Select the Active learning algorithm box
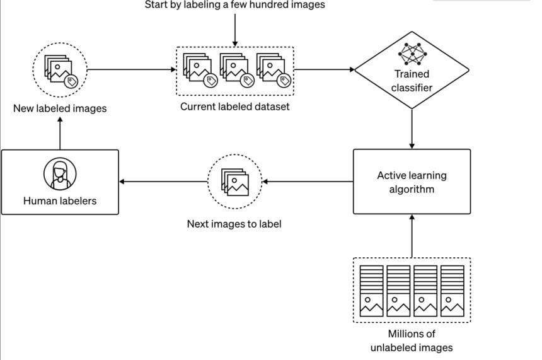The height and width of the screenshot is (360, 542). [412, 182]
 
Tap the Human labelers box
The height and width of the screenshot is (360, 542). [60, 182]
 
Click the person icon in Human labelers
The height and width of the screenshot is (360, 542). [60, 172]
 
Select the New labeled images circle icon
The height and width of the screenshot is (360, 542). [59, 69]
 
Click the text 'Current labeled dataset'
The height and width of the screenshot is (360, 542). [234, 107]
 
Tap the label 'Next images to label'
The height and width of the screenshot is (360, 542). [234, 223]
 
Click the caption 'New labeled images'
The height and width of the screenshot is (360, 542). [60, 108]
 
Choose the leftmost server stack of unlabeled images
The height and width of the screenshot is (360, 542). [372, 291]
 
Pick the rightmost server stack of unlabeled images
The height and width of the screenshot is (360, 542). [452, 291]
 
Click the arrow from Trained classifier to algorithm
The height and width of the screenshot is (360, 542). [412, 129]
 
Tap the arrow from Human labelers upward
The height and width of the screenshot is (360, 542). [60, 134]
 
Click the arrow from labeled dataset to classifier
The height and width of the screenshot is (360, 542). [324, 69]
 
